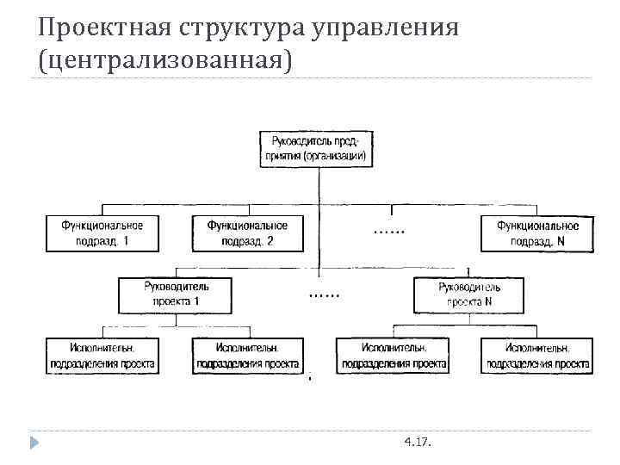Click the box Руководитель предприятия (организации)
pos(318,148)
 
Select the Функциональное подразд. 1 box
pos(102,232)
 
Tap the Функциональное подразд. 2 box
pos(247,232)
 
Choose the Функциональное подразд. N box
pos(537,232)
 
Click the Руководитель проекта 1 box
pos(177,294)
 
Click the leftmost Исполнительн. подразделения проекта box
pos(102,356)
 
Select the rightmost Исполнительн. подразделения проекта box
pos(537,356)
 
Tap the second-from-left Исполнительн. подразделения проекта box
pos(247,356)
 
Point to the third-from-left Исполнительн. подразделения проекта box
pos(393,356)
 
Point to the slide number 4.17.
pos(418,442)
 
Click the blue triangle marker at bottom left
pos(35,443)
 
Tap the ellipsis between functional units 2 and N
pos(390,230)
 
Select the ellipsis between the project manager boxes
pos(324,294)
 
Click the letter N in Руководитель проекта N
pos(488,301)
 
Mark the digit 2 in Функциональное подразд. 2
pos(270,241)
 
